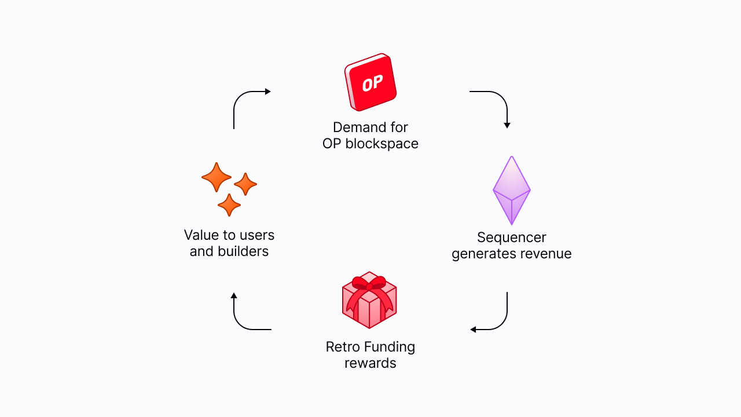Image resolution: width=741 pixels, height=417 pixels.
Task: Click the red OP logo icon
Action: (370, 82)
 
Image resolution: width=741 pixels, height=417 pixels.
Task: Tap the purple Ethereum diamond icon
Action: (512, 190)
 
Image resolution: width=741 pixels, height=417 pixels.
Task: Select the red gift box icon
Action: (369, 301)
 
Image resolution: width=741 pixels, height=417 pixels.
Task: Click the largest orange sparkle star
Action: (216, 177)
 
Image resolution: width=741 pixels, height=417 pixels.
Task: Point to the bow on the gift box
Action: (369, 284)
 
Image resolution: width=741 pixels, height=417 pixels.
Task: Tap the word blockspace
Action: (381, 144)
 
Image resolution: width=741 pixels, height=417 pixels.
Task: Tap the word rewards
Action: (370, 363)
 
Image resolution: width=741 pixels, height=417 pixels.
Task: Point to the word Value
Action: (201, 235)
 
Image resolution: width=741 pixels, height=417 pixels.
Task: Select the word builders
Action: (243, 251)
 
